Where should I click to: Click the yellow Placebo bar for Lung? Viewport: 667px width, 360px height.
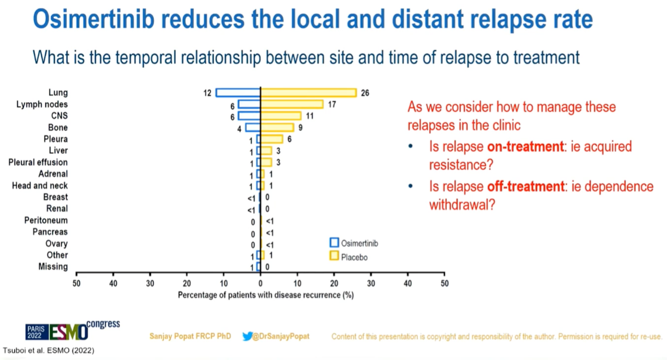tap(308, 93)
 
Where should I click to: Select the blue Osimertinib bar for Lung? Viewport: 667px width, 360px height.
tap(238, 93)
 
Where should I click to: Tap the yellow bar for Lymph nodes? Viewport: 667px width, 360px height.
tap(292, 104)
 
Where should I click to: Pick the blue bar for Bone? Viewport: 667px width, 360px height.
tap(253, 128)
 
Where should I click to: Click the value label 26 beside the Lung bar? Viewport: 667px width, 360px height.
tap(365, 93)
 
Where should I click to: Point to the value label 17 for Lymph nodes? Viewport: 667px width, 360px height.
tap(331, 104)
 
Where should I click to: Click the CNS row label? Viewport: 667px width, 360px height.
tap(59, 116)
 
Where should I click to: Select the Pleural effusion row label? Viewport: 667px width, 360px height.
tap(38, 162)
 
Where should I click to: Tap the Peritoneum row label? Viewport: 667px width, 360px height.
tap(46, 220)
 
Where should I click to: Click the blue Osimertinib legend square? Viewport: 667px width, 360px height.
tap(334, 243)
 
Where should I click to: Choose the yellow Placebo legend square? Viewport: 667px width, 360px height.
tap(334, 256)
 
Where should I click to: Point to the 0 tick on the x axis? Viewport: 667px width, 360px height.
tap(261, 283)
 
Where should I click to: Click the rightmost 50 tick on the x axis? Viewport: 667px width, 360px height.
tap(444, 283)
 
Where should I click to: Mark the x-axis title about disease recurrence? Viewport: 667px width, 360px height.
tap(266, 295)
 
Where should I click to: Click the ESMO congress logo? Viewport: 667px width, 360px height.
tap(72, 330)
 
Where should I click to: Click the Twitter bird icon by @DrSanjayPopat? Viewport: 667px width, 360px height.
tap(248, 336)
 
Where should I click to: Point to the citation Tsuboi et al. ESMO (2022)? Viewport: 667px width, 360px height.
tap(49, 350)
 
